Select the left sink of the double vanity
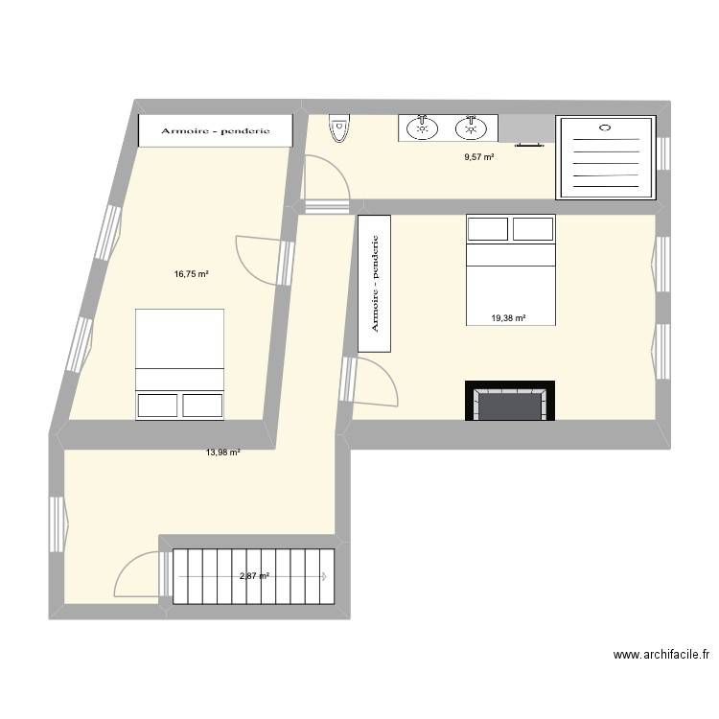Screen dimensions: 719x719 point(421,128)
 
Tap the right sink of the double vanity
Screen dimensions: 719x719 point(470,128)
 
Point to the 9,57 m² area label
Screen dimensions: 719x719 point(479,157)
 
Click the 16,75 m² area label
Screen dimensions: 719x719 point(191,273)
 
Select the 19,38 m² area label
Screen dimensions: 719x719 point(508,319)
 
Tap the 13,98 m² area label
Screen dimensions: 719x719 point(221,452)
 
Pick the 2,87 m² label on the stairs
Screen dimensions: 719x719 point(254,576)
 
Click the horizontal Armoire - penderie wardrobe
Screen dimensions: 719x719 point(215,131)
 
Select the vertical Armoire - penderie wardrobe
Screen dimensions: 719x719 point(374,284)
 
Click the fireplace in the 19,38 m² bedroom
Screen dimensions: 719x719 point(510,402)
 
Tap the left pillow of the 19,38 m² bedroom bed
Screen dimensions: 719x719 point(487,229)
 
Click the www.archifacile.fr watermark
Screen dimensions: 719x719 point(661,656)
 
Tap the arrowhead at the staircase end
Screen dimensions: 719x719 point(326,577)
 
